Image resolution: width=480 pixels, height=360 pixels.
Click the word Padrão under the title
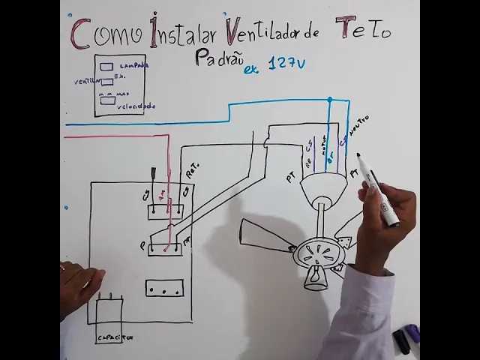point(216,58)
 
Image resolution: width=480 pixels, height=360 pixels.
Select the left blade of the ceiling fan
point(266,234)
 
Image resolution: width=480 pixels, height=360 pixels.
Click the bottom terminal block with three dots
point(164,288)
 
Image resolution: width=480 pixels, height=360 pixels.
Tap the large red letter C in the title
point(81,34)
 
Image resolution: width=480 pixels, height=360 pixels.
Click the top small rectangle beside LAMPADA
point(106,67)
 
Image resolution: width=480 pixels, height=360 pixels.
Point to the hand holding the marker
point(386,217)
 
